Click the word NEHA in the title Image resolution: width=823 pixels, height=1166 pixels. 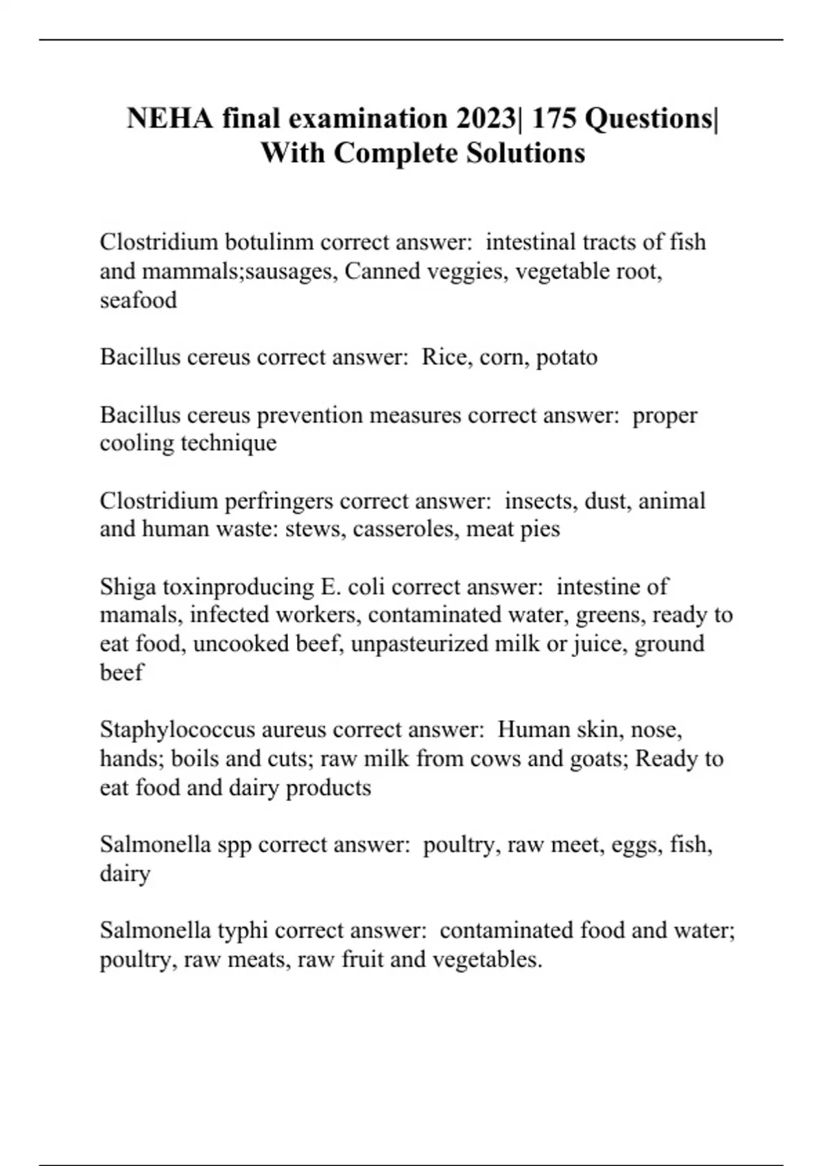pos(170,119)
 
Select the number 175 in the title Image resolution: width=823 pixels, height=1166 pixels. pos(553,119)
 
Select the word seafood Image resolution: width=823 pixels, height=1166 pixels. pos(138,300)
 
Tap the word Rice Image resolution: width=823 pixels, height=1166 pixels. pos(445,357)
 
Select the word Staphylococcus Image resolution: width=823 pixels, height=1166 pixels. pos(177,730)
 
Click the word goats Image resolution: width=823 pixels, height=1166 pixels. pos(598,759)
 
